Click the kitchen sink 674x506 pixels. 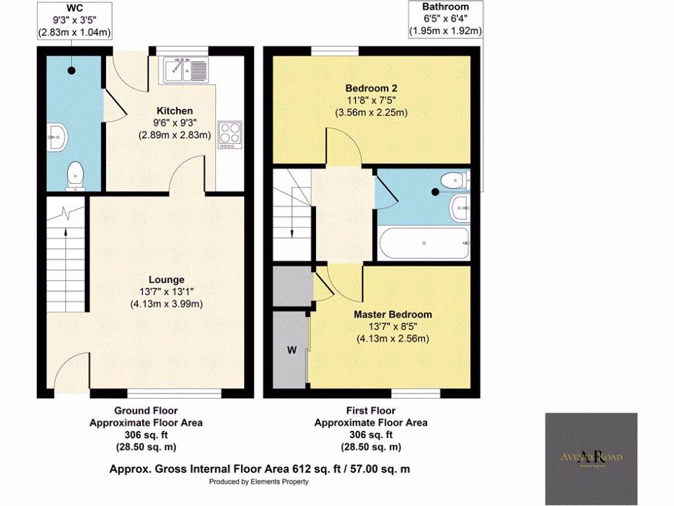[x=187, y=68]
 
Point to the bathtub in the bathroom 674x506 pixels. [x=423, y=244]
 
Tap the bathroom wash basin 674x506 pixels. [x=458, y=209]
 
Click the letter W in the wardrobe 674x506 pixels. [x=290, y=349]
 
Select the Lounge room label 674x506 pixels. [x=166, y=279]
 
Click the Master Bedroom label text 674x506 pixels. [x=392, y=314]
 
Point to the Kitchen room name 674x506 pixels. [x=174, y=111]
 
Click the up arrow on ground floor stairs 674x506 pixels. [x=65, y=231]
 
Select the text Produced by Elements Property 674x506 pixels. [x=259, y=482]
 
